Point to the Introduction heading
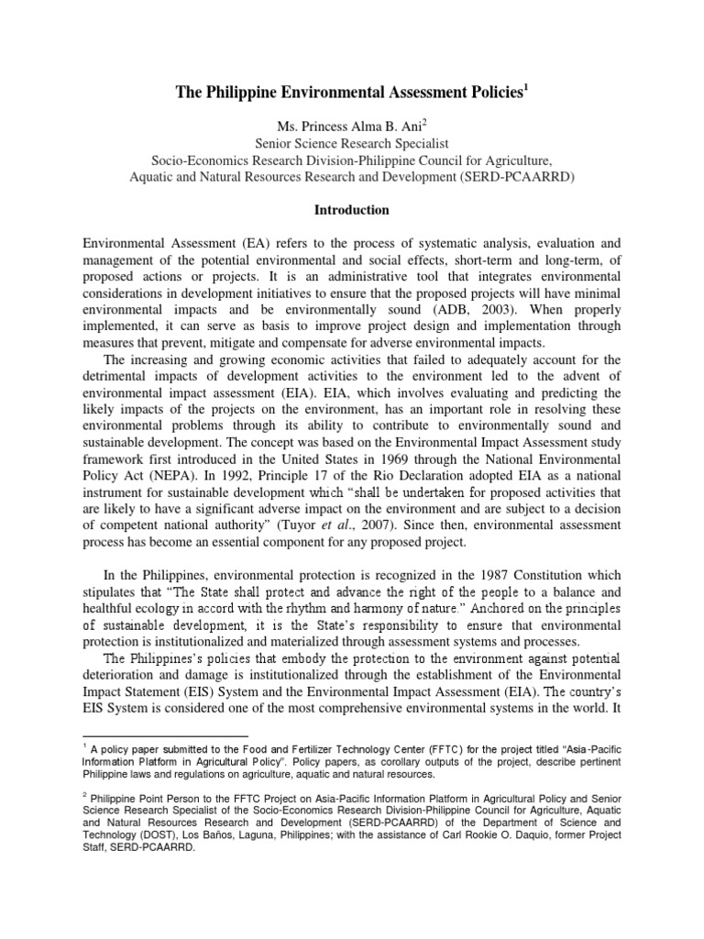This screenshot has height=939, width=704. click(x=352, y=210)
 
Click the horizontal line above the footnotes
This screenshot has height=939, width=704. click(x=165, y=735)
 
